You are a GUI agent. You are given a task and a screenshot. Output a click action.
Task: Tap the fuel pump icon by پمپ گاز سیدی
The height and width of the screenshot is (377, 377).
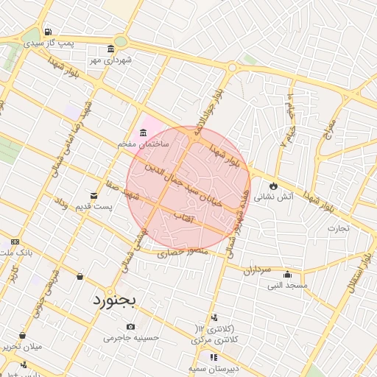pyautogui.click(x=48, y=32)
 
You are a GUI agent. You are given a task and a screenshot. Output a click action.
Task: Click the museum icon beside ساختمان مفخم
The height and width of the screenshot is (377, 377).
pyautogui.click(x=142, y=133)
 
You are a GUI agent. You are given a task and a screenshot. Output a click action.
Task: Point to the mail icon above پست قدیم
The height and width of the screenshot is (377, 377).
pyautogui.click(x=94, y=195)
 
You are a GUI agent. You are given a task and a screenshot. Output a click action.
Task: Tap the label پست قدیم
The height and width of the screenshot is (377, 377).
pyautogui.click(x=96, y=207)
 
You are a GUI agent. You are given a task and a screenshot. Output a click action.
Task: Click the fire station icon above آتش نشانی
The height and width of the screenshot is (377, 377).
pyautogui.click(x=274, y=186)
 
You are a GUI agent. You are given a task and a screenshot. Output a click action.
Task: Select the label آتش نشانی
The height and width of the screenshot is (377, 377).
pyautogui.click(x=273, y=197)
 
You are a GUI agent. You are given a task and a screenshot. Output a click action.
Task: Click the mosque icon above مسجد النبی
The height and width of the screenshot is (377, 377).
pyautogui.click(x=287, y=273)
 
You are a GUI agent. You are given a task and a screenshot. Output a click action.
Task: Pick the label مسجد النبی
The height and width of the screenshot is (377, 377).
pyautogui.click(x=288, y=284)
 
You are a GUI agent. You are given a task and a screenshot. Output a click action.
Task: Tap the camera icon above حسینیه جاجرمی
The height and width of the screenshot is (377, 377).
pyautogui.click(x=131, y=326)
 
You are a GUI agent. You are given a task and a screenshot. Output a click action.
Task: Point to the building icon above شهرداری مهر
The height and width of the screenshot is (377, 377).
pyautogui.click(x=110, y=49)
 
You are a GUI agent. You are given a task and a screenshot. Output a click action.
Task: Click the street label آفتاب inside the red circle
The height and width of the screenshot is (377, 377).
pyautogui.click(x=182, y=217)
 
